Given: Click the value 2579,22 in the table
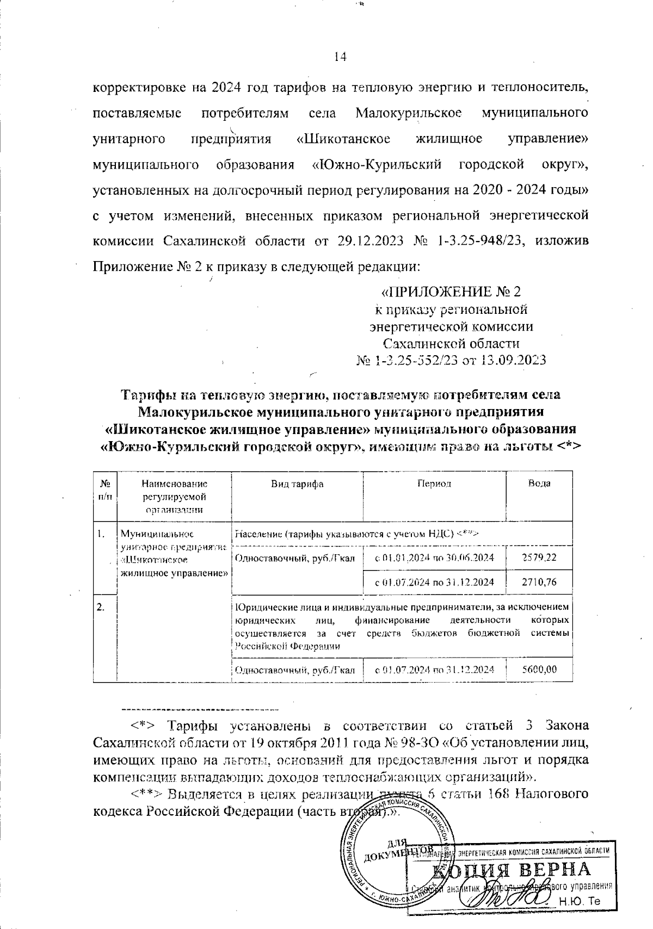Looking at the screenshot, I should pos(539,558).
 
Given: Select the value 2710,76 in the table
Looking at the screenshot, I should pos(539,582).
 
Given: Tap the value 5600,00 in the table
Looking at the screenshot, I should pos(539,670).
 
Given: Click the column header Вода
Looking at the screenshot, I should pos(539,484).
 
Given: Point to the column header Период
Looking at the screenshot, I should pos(434,484).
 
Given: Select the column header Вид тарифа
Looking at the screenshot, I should pos(297,484).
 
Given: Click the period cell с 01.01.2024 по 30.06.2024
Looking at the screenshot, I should pos(435,558).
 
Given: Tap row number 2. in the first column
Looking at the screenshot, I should pos(101,608).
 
